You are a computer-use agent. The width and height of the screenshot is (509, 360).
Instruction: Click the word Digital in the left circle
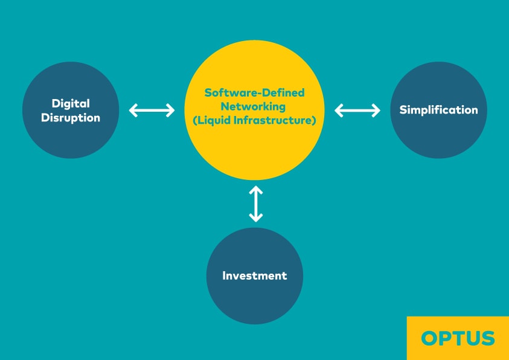(71, 103)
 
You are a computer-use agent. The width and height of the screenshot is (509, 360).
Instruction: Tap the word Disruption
(71, 117)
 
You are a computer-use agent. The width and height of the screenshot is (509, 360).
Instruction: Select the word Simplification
(438, 110)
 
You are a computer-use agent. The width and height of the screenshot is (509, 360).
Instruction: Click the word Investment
(255, 276)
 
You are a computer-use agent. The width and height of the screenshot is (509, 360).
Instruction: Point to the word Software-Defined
(254, 93)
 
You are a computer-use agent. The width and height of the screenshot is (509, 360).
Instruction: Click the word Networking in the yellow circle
(254, 106)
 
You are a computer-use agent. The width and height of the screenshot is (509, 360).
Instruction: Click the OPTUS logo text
(458, 338)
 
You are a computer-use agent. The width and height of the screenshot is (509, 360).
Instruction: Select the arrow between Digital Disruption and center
(152, 110)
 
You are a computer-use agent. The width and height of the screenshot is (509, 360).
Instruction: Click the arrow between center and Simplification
(357, 110)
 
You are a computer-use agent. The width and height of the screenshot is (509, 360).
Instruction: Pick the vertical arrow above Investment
(256, 204)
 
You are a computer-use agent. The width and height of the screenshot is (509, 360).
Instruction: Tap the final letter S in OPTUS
(487, 338)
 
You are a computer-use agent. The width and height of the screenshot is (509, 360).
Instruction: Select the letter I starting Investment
(225, 276)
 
